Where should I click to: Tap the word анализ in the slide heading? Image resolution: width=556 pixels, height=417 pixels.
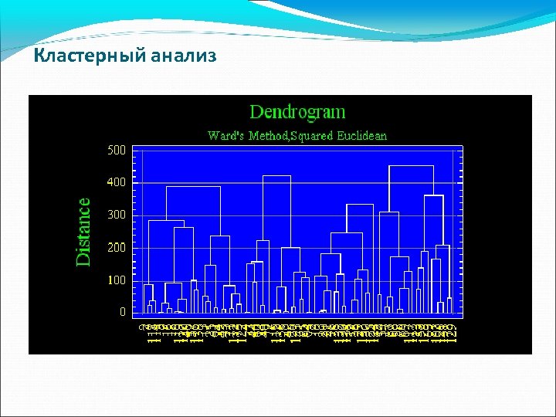tap(183, 56)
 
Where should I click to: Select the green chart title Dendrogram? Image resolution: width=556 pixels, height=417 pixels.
tap(297, 112)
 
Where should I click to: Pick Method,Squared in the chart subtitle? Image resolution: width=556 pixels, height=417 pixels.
tap(290, 136)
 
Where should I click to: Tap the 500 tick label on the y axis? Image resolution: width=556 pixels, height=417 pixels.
tap(116, 150)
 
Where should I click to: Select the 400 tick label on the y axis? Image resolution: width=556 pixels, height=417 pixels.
tap(116, 182)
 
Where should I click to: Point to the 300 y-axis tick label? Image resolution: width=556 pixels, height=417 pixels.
tap(116, 215)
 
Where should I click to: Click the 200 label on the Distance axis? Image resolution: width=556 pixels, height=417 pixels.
tap(116, 247)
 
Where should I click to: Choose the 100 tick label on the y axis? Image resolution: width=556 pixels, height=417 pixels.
tap(116, 280)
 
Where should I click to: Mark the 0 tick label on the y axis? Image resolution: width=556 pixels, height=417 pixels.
tap(122, 312)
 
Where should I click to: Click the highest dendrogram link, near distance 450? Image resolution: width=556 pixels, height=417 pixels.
tap(411, 166)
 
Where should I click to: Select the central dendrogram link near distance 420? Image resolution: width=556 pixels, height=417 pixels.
tap(276, 176)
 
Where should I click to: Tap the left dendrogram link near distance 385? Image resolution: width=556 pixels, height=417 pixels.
tap(193, 187)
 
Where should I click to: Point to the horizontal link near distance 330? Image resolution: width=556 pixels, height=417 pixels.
tap(360, 205)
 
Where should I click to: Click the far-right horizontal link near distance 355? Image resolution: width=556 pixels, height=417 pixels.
tap(433, 196)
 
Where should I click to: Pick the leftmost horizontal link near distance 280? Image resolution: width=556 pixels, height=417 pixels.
tap(166, 221)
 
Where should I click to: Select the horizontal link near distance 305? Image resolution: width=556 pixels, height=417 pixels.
tap(389, 212)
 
